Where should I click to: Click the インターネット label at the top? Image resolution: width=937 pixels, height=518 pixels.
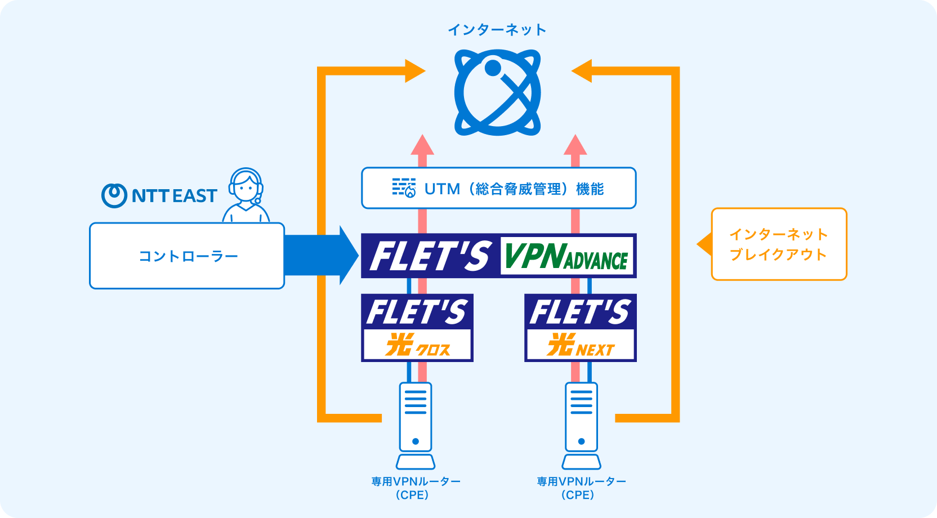(x=497, y=30)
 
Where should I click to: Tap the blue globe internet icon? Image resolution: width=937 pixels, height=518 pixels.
(x=497, y=93)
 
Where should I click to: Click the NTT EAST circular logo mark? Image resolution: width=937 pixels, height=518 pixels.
(x=114, y=195)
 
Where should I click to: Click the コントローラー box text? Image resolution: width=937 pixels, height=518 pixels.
(x=188, y=256)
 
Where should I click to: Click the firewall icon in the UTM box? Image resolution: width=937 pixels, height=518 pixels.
(x=404, y=188)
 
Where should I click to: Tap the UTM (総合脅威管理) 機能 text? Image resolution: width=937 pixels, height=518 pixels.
(x=514, y=189)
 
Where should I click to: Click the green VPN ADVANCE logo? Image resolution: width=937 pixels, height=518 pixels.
(x=566, y=256)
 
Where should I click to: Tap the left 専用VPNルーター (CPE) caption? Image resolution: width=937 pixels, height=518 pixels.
(x=416, y=488)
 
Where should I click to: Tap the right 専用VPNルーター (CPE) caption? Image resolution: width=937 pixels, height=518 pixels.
(x=581, y=488)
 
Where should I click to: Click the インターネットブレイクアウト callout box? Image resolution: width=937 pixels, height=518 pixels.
(x=779, y=244)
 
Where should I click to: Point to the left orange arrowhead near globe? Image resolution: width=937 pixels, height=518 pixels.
(x=414, y=71)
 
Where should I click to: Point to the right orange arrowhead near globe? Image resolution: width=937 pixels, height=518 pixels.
(x=582, y=71)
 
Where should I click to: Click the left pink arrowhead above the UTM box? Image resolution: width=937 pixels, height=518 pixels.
(x=422, y=145)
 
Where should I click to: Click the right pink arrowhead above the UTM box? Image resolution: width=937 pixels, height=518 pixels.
(x=575, y=145)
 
